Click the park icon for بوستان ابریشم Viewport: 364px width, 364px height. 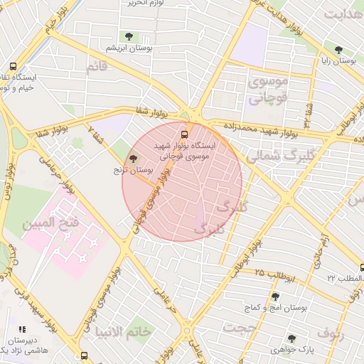click(129, 36)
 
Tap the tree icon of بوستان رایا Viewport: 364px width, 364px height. click(338, 50)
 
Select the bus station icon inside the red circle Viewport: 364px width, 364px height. click(186, 132)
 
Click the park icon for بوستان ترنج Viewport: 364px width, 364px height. click(134, 159)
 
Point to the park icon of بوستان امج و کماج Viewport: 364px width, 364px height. click(275, 296)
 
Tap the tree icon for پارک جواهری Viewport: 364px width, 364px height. click(291, 338)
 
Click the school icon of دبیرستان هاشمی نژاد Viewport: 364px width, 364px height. click(21, 330)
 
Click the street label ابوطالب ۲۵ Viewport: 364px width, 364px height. click(269, 273)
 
